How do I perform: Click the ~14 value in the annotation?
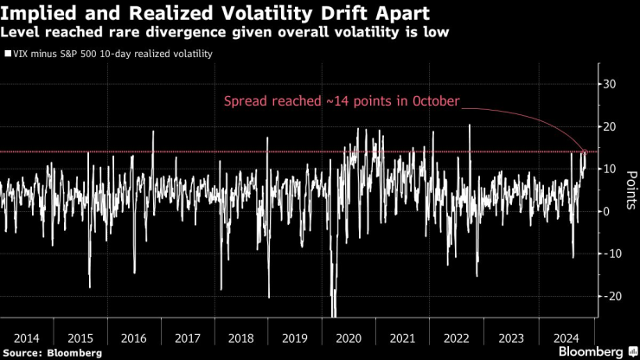(x=337, y=101)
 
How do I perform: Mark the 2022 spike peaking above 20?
(x=470, y=126)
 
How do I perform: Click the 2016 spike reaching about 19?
(x=153, y=132)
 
